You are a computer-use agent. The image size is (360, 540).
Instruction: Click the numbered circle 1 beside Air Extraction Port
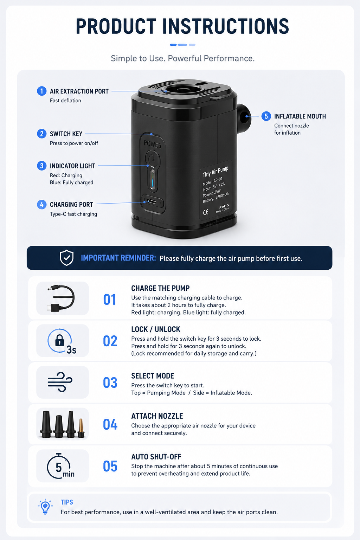click(x=41, y=91)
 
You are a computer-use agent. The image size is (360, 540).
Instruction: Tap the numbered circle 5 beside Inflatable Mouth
click(x=266, y=116)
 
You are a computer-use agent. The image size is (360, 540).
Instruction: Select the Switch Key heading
click(x=66, y=134)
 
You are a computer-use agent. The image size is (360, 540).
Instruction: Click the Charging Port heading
click(x=71, y=205)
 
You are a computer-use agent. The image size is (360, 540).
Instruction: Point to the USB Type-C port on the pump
click(x=152, y=201)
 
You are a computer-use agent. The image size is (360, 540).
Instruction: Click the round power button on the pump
click(x=152, y=159)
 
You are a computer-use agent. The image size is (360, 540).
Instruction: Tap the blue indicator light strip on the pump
click(x=153, y=180)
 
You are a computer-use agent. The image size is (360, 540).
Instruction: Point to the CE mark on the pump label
click(x=206, y=212)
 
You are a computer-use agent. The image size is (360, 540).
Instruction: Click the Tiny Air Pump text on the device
click(x=215, y=172)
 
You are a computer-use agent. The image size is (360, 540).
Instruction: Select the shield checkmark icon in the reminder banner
click(x=66, y=258)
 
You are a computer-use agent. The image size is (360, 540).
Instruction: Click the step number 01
click(x=110, y=300)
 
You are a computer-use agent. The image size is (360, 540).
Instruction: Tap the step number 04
click(x=110, y=424)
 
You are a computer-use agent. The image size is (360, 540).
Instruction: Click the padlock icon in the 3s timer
click(x=59, y=340)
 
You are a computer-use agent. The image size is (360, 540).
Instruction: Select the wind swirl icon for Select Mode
click(x=60, y=382)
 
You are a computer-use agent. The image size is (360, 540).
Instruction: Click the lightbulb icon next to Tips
click(x=45, y=507)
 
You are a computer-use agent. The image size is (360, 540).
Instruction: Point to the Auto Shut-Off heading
click(x=156, y=457)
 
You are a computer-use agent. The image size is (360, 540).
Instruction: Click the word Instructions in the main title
click(x=225, y=26)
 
